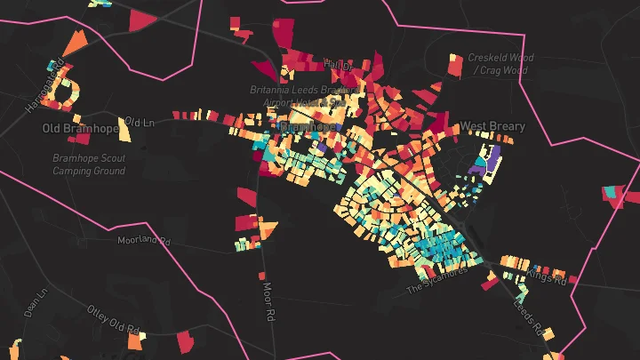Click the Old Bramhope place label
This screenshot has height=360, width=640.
click(x=78, y=129)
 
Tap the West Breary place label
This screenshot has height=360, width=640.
click(x=492, y=127)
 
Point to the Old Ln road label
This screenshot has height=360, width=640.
click(x=140, y=121)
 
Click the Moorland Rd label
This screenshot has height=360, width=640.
click(x=143, y=240)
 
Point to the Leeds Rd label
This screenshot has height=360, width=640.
click(x=528, y=316)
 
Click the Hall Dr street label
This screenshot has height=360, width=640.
click(x=339, y=65)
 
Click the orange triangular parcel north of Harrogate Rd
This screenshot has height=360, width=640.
click(x=76, y=42)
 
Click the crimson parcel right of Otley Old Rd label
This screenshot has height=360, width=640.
click(x=185, y=340)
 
